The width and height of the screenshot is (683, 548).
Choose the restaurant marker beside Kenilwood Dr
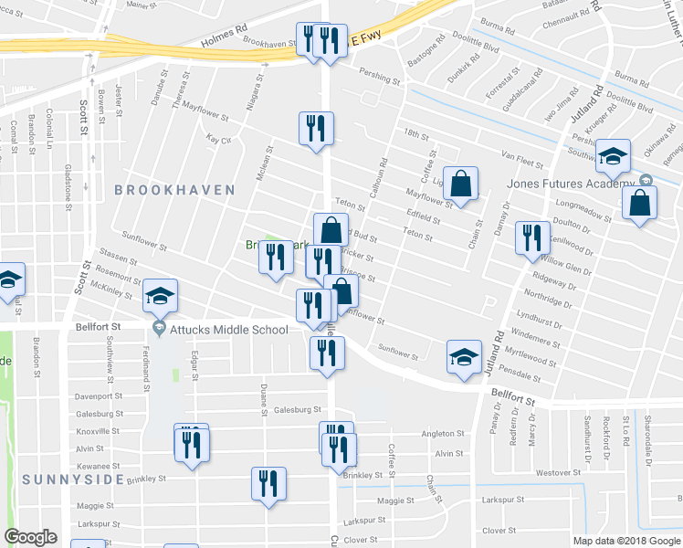pyautogui.click(x=532, y=237)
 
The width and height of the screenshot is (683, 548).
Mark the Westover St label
pyautogui.click(x=559, y=472)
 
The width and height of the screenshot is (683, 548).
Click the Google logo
pyautogui.click(x=30, y=537)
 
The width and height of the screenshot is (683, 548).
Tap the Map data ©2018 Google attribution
pyautogui.click(x=625, y=541)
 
